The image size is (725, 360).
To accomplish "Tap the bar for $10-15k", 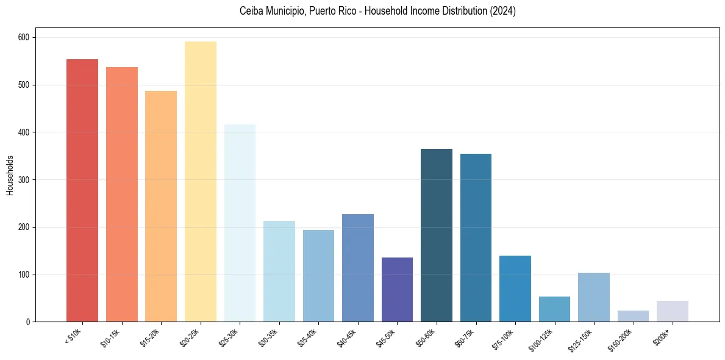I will click(x=122, y=195).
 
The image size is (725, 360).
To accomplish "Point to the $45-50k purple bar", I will click(x=397, y=290).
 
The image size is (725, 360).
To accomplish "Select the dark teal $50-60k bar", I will click(x=437, y=236).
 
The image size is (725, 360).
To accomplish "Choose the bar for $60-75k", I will click(x=476, y=238).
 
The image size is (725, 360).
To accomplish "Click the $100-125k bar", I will click(x=554, y=309).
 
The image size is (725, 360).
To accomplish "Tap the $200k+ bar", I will click(x=673, y=311).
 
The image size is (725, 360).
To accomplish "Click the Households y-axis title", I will click(x=10, y=175).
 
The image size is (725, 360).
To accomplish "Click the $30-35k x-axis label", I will click(x=269, y=337).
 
